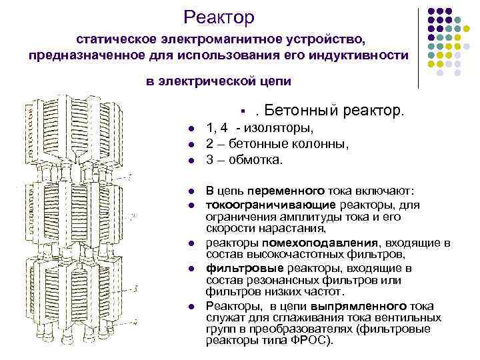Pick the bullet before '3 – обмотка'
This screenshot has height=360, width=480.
coord(190,160)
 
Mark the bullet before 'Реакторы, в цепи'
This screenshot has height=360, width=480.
coord(190,307)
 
